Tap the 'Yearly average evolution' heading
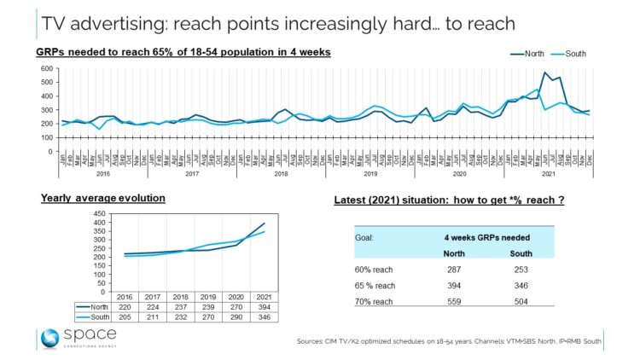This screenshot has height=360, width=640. coord(102,198)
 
